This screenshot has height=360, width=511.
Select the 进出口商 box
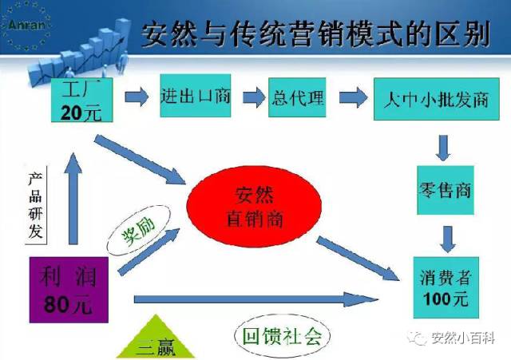[x=196, y=97]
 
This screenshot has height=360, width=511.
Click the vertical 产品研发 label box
[x=34, y=204]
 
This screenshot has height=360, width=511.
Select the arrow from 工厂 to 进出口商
[x=137, y=98]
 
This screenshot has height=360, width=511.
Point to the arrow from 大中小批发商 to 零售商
[x=444, y=145]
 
